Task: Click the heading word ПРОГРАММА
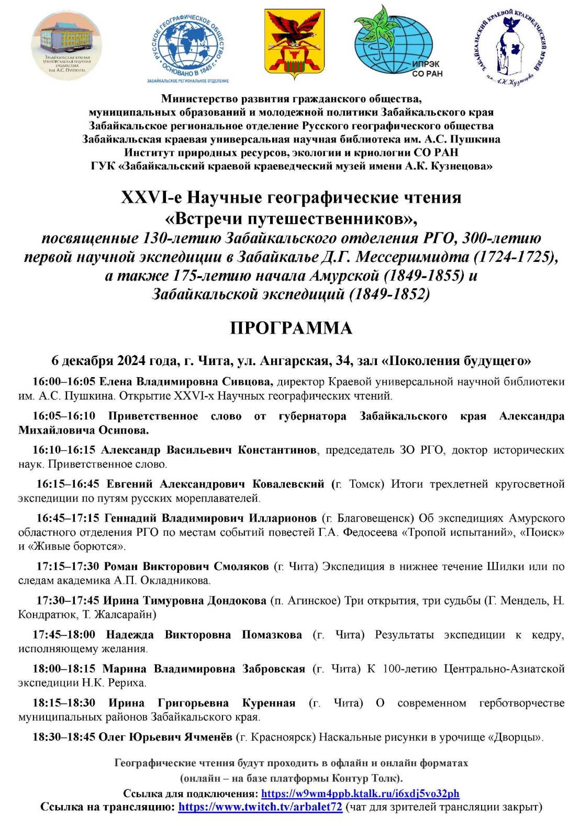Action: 291,328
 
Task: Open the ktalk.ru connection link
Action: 360,793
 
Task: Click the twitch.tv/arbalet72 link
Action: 260,807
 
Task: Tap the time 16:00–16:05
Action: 64,382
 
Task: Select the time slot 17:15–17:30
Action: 68,566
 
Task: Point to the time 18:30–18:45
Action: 64,737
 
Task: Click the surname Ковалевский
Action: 288,484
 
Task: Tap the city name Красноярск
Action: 282,737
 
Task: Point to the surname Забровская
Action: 273,669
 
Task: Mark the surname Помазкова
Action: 272,635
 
